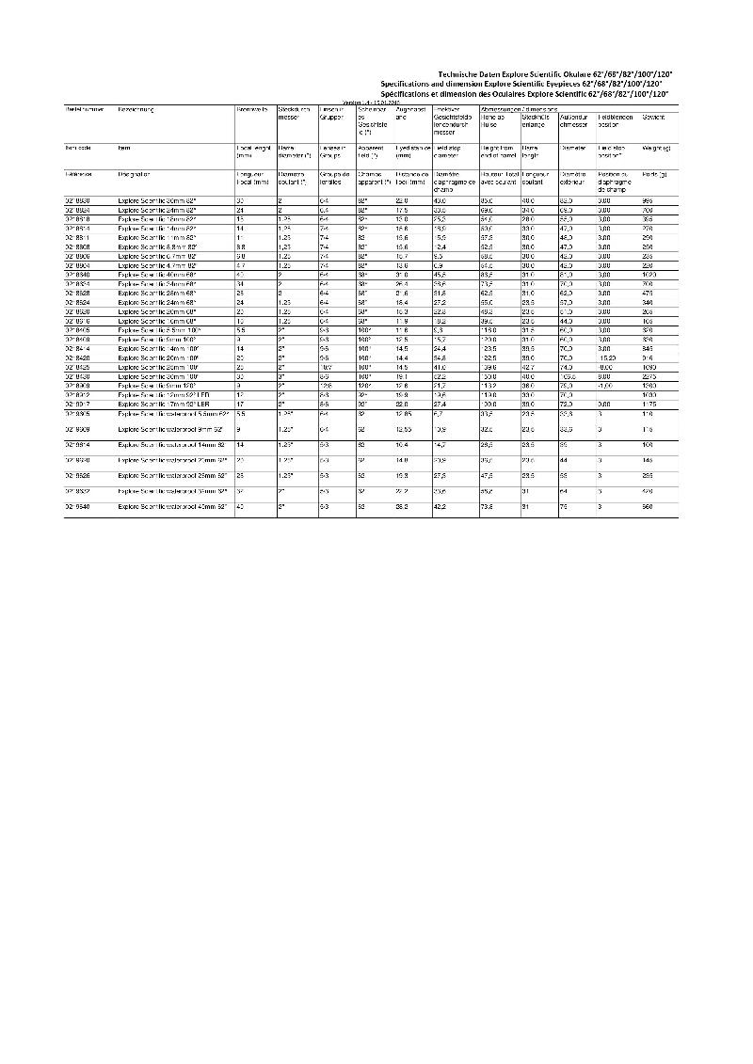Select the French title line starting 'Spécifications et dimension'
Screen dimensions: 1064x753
pos(528,95)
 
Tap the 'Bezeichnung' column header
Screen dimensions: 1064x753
pos(136,110)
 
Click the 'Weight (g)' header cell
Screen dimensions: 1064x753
pos(656,149)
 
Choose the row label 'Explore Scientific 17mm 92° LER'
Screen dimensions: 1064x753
pos(166,403)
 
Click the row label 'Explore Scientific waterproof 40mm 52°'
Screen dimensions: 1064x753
pos(173,507)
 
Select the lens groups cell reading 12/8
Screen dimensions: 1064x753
pos(327,386)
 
